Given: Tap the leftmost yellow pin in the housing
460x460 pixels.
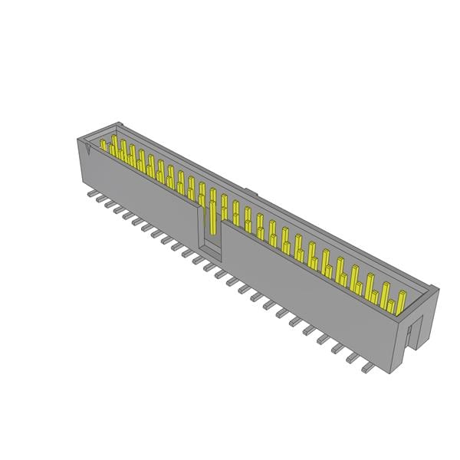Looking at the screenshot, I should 103,145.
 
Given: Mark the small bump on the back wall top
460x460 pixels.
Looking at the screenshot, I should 249,189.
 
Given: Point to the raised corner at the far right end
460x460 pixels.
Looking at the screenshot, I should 433,290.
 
